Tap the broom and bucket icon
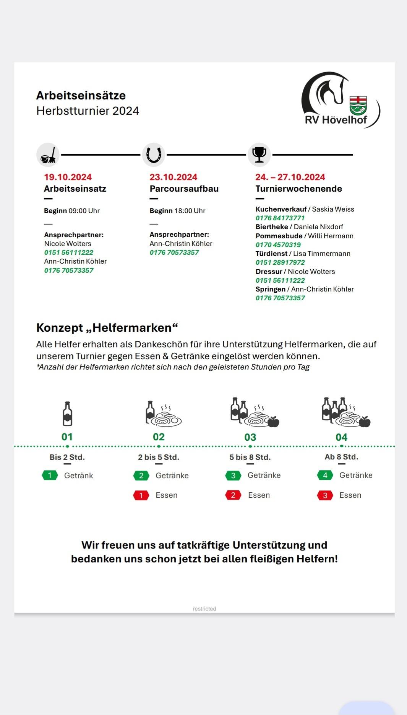(x=48, y=155)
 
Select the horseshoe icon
(x=154, y=155)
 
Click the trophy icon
(x=259, y=155)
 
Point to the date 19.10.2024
(x=68, y=177)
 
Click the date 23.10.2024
(x=174, y=177)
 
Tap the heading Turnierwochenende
(x=298, y=189)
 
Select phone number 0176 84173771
(x=280, y=218)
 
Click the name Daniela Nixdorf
(x=318, y=227)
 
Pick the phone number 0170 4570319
(x=278, y=245)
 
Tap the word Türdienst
(x=271, y=254)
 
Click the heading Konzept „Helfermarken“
(x=107, y=328)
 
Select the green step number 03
(x=250, y=437)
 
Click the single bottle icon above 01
(x=67, y=414)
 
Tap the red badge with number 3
(x=325, y=495)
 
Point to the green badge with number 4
(x=325, y=475)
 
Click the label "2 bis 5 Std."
(x=159, y=457)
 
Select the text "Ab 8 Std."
(x=341, y=457)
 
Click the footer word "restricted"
(x=204, y=609)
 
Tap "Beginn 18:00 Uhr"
(x=177, y=211)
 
